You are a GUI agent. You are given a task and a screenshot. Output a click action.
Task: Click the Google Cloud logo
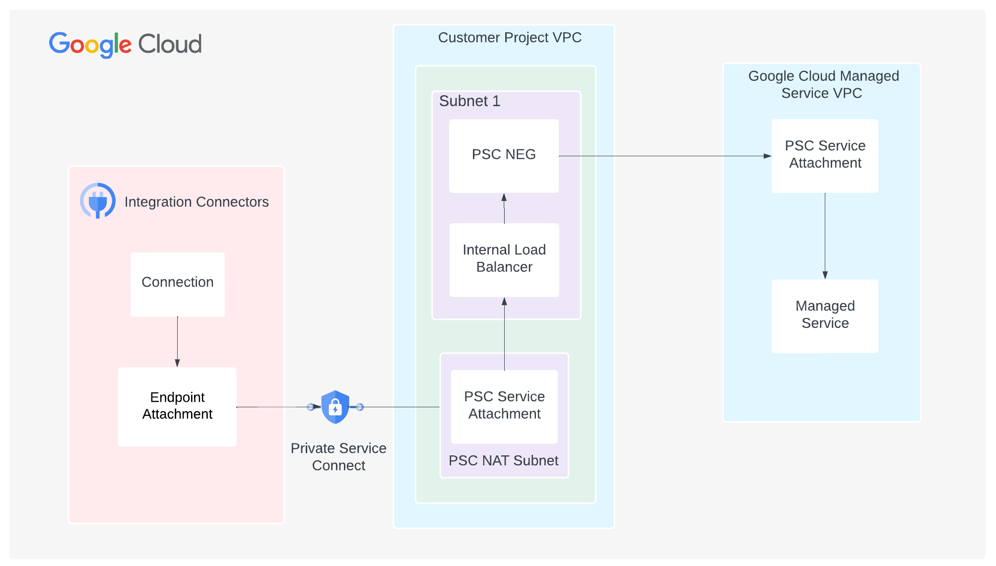click(x=125, y=44)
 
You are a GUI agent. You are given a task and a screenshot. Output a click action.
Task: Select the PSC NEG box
click(x=504, y=156)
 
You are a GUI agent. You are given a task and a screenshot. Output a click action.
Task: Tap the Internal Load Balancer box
click(x=504, y=260)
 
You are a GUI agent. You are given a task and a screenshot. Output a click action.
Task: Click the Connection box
click(x=177, y=284)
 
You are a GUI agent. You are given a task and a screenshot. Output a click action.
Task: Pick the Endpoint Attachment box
click(x=177, y=406)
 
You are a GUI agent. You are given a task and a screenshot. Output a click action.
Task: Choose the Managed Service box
click(x=825, y=315)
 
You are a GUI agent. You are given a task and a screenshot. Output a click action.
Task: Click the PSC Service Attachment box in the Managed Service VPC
click(x=825, y=155)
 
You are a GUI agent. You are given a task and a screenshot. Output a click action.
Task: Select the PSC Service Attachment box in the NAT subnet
click(x=504, y=406)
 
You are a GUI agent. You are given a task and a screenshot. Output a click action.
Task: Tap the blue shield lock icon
click(x=335, y=407)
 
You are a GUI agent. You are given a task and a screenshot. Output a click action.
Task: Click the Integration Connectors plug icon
click(x=98, y=201)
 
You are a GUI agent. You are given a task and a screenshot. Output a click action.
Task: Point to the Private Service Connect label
click(x=338, y=457)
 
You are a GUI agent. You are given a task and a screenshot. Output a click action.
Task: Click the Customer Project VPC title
click(x=510, y=38)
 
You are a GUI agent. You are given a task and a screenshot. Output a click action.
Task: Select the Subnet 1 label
click(x=469, y=101)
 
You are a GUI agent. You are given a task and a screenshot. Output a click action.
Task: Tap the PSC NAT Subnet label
click(x=503, y=461)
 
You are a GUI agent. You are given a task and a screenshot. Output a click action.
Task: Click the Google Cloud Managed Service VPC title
click(x=823, y=84)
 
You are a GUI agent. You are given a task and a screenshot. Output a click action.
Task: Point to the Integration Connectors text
click(x=197, y=202)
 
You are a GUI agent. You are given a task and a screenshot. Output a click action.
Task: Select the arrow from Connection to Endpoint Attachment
click(x=177, y=342)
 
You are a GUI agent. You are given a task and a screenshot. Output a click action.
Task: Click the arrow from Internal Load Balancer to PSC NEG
click(x=504, y=208)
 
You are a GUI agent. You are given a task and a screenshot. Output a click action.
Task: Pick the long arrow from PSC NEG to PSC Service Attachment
click(x=665, y=156)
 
